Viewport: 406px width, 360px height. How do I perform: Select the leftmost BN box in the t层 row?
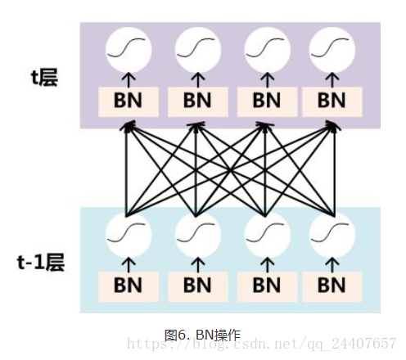point(128,101)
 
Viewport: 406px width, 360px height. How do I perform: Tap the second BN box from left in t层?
point(196,101)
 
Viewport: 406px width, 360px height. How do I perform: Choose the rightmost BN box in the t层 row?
point(332,101)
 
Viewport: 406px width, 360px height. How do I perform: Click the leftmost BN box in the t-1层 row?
point(128,285)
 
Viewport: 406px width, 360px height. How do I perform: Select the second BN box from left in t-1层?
point(196,285)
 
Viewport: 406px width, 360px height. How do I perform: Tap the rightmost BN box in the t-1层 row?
point(332,285)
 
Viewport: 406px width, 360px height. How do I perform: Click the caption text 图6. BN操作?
point(202,334)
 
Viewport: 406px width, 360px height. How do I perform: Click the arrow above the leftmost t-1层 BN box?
point(128,263)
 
